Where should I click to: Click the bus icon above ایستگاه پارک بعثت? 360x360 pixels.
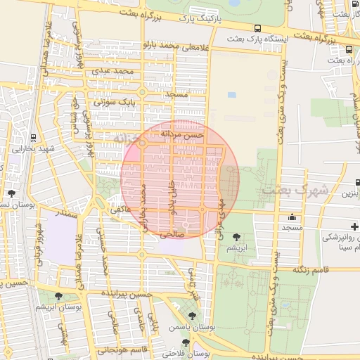click(x=268, y=28)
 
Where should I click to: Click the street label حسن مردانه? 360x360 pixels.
click(x=181, y=134)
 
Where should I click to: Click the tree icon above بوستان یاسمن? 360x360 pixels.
click(x=193, y=316)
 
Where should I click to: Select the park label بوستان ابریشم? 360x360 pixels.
click(x=79, y=307)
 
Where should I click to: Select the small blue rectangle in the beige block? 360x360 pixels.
click(x=231, y=94)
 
